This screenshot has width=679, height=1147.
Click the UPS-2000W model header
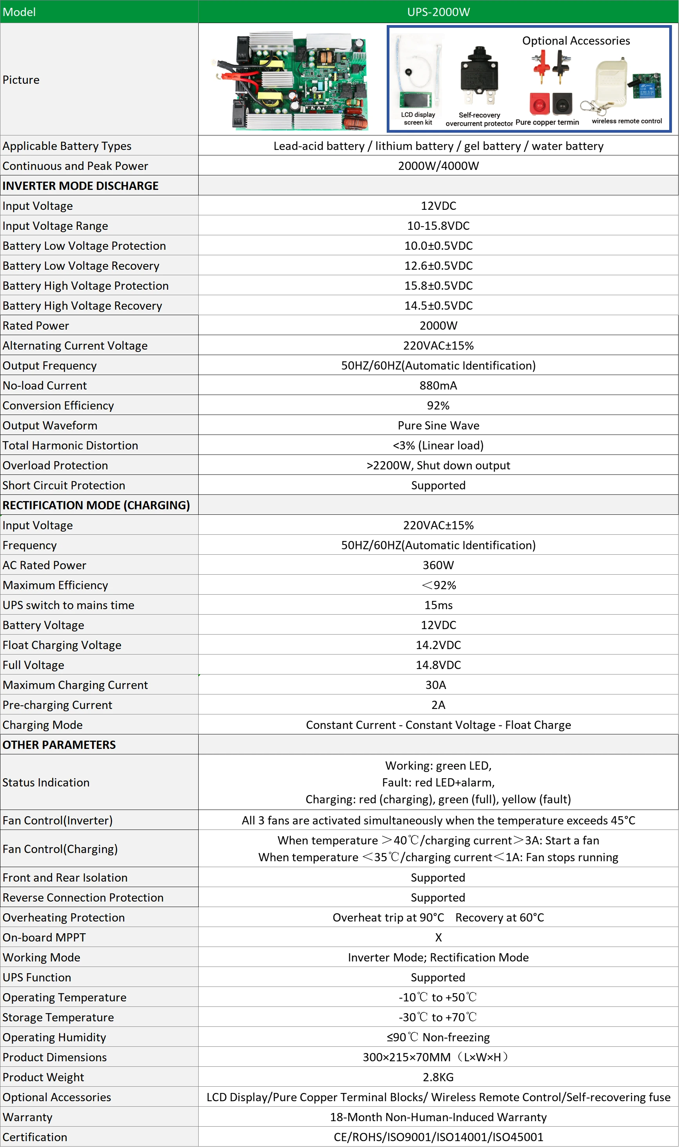click(438, 12)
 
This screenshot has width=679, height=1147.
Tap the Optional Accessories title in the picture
click(576, 41)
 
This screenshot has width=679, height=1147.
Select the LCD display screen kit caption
click(418, 118)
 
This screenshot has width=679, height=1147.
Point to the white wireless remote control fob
click(610, 82)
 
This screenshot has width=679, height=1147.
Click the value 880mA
click(438, 385)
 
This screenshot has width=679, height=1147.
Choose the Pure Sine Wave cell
click(438, 425)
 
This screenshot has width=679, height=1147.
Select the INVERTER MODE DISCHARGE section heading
click(81, 186)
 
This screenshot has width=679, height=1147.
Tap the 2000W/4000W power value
click(438, 166)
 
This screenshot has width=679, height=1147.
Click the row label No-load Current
click(45, 385)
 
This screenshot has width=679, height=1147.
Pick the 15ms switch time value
click(438, 605)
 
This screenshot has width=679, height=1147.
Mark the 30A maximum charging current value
click(436, 685)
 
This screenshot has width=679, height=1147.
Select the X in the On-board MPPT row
click(438, 937)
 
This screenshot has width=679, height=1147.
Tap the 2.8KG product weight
click(438, 1077)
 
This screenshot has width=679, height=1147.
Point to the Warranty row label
click(27, 1117)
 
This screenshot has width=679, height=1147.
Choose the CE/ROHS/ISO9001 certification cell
click(438, 1137)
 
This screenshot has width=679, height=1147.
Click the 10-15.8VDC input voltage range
click(438, 226)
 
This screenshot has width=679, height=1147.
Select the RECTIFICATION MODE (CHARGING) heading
click(96, 505)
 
